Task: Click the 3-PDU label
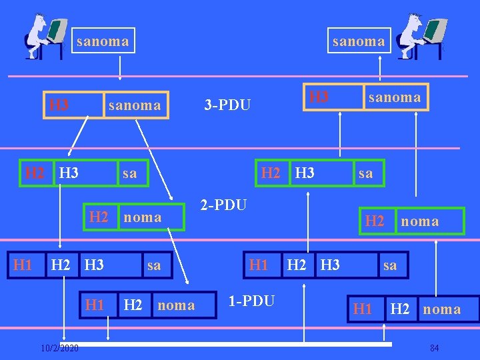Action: pyautogui.click(x=227, y=105)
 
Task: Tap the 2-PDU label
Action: pyautogui.click(x=224, y=205)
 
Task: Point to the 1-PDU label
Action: pyautogui.click(x=251, y=301)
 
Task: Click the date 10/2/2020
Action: pyautogui.click(x=59, y=348)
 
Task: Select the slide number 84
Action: pyautogui.click(x=435, y=348)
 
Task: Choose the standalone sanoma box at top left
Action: pyautogui.click(x=103, y=41)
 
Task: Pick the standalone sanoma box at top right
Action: pyautogui.click(x=359, y=41)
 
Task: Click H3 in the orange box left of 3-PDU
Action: pyautogui.click(x=59, y=105)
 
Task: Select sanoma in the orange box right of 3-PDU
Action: pyautogui.click(x=395, y=97)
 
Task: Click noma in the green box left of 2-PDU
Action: pyautogui.click(x=143, y=217)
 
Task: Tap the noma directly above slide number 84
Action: pyautogui.click(x=441, y=309)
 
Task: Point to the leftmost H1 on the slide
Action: pyautogui.click(x=23, y=265)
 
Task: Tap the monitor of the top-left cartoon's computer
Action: pyautogui.click(x=57, y=29)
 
